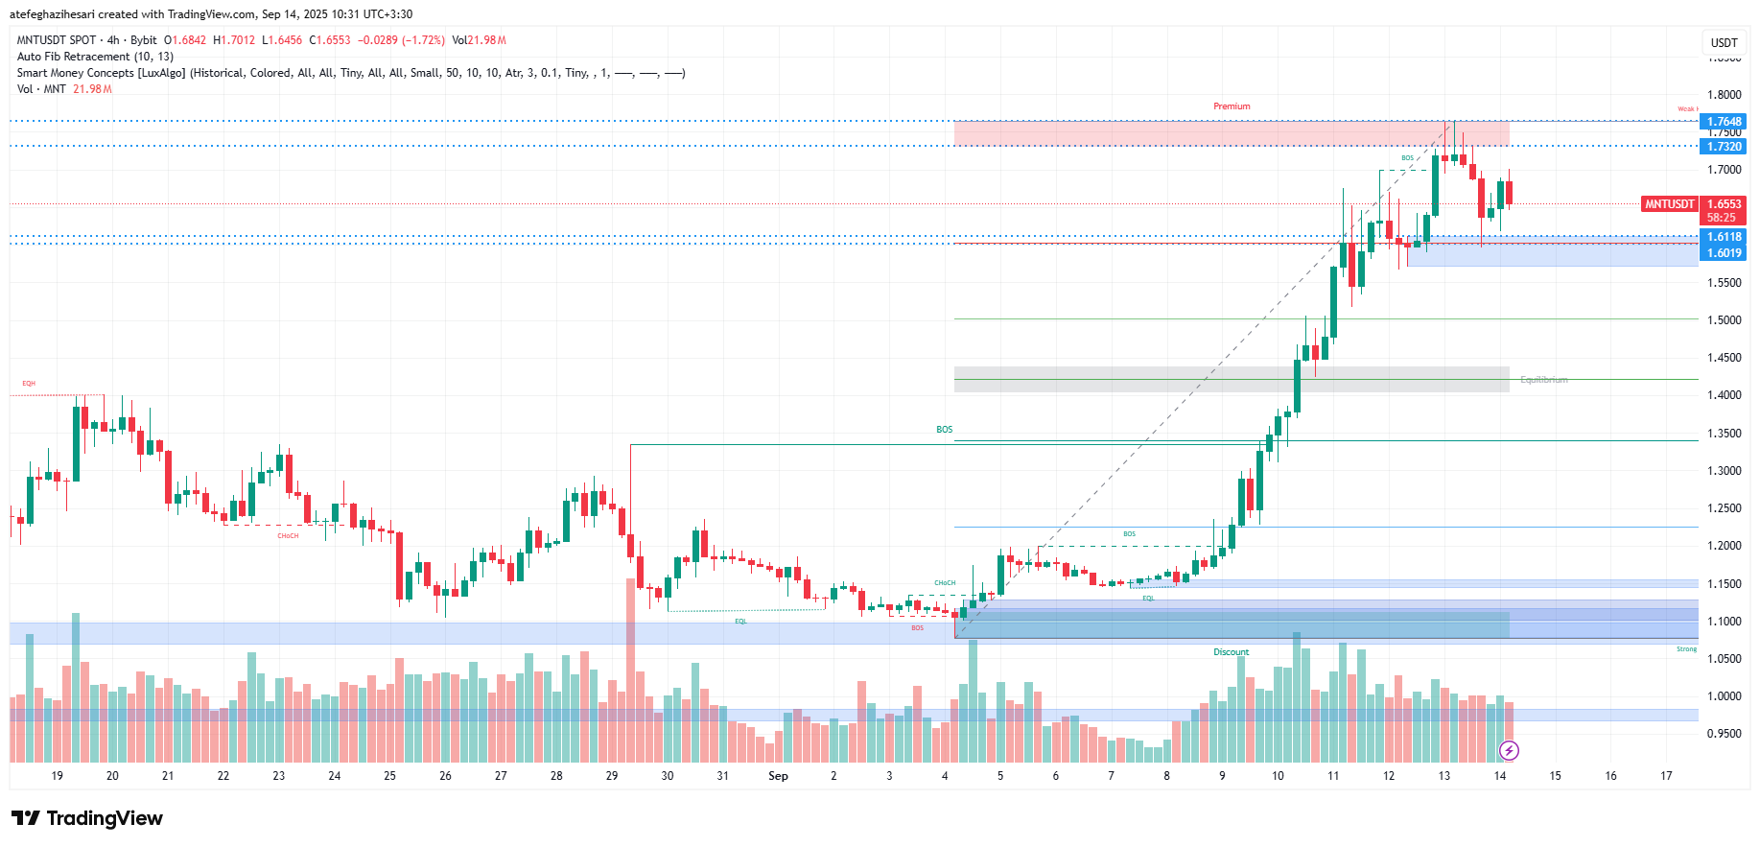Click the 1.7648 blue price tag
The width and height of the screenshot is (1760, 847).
[1724, 122]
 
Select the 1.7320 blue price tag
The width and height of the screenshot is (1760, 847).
[1724, 147]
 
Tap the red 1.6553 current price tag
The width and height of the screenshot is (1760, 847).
[1724, 204]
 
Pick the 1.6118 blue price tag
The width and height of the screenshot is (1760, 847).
[1724, 237]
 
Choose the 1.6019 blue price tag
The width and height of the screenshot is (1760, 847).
[1724, 253]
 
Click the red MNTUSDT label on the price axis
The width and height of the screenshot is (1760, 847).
[1669, 204]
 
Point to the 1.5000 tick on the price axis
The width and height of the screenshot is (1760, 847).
[1724, 320]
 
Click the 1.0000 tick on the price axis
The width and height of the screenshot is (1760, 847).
[1724, 696]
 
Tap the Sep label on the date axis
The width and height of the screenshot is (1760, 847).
[778, 776]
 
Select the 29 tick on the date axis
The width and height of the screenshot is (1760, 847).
[612, 776]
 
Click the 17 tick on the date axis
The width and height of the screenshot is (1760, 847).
[1666, 776]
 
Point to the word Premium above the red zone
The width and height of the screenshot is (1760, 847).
[1232, 106]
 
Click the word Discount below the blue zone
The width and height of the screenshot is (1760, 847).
[1232, 652]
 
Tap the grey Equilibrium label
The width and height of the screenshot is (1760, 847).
[1543, 380]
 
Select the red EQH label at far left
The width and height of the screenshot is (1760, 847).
[29, 384]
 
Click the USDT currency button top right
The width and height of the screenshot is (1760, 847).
[1724, 42]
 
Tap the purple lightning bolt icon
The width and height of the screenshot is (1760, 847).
[1509, 750]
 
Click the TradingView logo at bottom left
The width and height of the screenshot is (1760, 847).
[87, 818]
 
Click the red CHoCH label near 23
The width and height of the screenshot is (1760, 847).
[288, 536]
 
